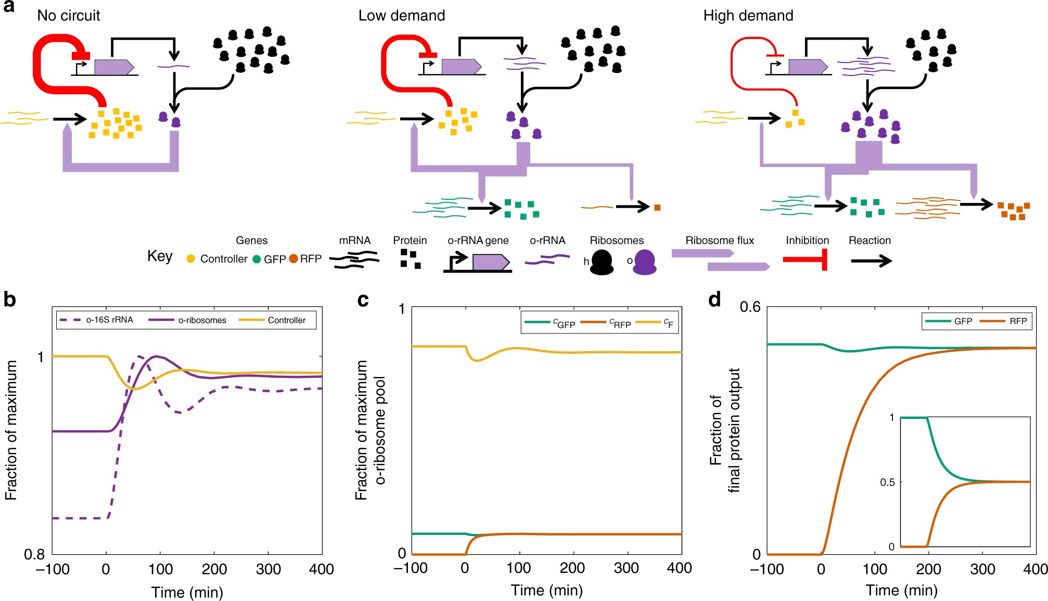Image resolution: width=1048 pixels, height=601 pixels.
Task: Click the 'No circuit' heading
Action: (x=69, y=16)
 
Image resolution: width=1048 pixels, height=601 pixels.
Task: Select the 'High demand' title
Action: (x=748, y=16)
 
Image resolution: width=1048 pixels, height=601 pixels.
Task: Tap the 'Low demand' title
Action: (x=402, y=16)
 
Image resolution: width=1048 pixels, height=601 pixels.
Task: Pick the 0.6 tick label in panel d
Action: (x=750, y=307)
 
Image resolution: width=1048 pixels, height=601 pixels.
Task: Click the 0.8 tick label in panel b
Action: (x=34, y=554)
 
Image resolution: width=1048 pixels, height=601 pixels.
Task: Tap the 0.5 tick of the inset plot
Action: (x=887, y=482)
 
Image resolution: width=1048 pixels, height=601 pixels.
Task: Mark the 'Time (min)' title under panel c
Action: (x=546, y=591)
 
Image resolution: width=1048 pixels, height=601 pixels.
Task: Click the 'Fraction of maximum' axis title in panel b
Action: (x=11, y=430)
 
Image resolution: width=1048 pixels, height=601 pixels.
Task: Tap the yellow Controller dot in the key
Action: (x=191, y=259)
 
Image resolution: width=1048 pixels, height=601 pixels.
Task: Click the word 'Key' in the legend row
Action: (x=160, y=256)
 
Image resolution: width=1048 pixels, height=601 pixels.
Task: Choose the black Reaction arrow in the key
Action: (x=871, y=261)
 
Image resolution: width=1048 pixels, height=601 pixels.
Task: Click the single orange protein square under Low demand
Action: (x=657, y=208)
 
